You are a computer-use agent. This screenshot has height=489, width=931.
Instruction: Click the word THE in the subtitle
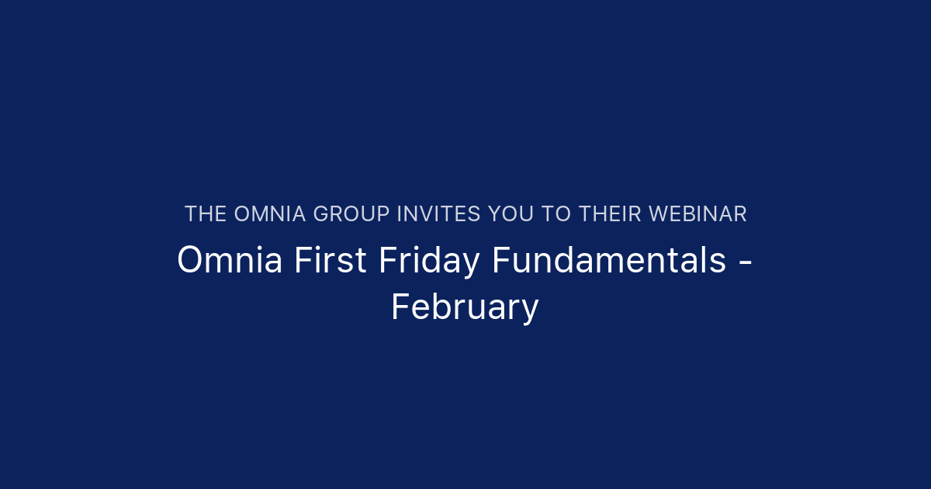(205, 214)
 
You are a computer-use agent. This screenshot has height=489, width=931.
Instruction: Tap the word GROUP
(354, 214)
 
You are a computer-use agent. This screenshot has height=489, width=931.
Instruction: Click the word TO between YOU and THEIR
(556, 214)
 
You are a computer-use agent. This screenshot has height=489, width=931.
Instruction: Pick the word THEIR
(610, 214)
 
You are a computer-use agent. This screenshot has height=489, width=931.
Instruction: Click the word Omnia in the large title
(230, 261)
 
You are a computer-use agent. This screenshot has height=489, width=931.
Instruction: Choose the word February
(465, 308)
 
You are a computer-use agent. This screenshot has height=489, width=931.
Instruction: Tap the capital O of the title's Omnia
(189, 261)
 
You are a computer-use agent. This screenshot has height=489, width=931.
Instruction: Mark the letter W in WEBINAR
(659, 214)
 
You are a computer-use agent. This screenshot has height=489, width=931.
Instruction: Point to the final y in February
(530, 311)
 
